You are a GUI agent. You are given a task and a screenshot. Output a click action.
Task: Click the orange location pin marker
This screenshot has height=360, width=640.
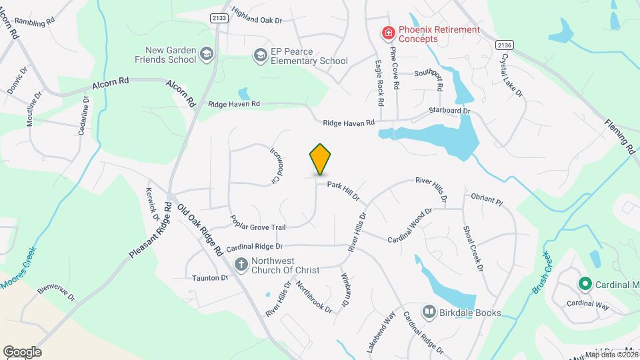321,159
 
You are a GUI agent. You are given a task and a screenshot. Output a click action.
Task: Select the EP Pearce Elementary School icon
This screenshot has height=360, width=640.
259,55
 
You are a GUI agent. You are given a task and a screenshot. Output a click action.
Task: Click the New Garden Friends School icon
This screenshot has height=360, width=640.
207,54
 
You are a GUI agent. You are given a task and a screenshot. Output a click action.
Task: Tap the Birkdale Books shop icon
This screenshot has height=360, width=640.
429,311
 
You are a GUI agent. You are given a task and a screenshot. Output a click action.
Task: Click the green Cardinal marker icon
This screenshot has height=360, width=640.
585,285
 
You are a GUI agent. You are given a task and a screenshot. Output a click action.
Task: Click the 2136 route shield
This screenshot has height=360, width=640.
505,44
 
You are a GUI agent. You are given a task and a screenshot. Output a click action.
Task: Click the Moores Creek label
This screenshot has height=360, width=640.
19,269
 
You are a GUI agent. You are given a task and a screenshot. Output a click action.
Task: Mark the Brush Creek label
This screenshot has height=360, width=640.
540,273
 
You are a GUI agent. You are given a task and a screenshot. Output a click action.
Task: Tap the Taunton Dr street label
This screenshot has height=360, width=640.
210,277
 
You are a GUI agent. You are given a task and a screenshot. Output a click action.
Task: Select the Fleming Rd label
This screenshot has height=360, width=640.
620,136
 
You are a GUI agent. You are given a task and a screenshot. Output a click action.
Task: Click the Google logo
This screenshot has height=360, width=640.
22,351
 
